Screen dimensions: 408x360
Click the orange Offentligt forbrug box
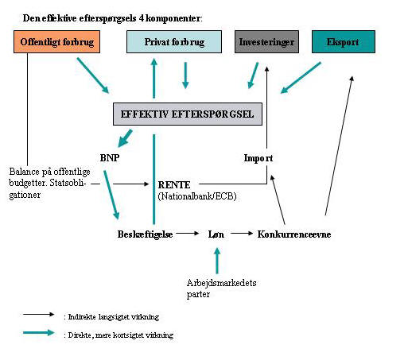coord(56,42)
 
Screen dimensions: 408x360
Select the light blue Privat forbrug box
coord(174,42)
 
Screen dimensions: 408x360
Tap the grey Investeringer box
coord(266,42)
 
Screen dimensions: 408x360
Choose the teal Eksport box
coord(344,42)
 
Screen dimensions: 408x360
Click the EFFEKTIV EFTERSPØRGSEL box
coord(188,114)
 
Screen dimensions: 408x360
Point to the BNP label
coord(110,158)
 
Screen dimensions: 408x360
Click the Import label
coord(258,158)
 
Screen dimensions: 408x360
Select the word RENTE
coord(174,185)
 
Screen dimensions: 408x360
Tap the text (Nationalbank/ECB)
coord(197,196)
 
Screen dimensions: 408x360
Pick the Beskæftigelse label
coord(145,234)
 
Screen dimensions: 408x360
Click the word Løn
coord(216,234)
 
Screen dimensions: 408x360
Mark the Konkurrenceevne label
coord(294,234)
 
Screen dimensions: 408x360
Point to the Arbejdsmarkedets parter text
coord(221,288)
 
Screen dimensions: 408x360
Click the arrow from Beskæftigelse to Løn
coord(188,234)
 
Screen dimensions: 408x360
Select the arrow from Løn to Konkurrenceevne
coord(242,234)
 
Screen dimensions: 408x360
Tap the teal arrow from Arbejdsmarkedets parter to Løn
coord(217,261)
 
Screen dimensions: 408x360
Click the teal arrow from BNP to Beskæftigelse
coord(111,195)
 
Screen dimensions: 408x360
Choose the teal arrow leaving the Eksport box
coord(301,78)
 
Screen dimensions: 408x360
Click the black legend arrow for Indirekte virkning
coord(39,315)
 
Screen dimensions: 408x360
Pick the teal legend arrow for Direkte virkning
coord(39,333)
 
